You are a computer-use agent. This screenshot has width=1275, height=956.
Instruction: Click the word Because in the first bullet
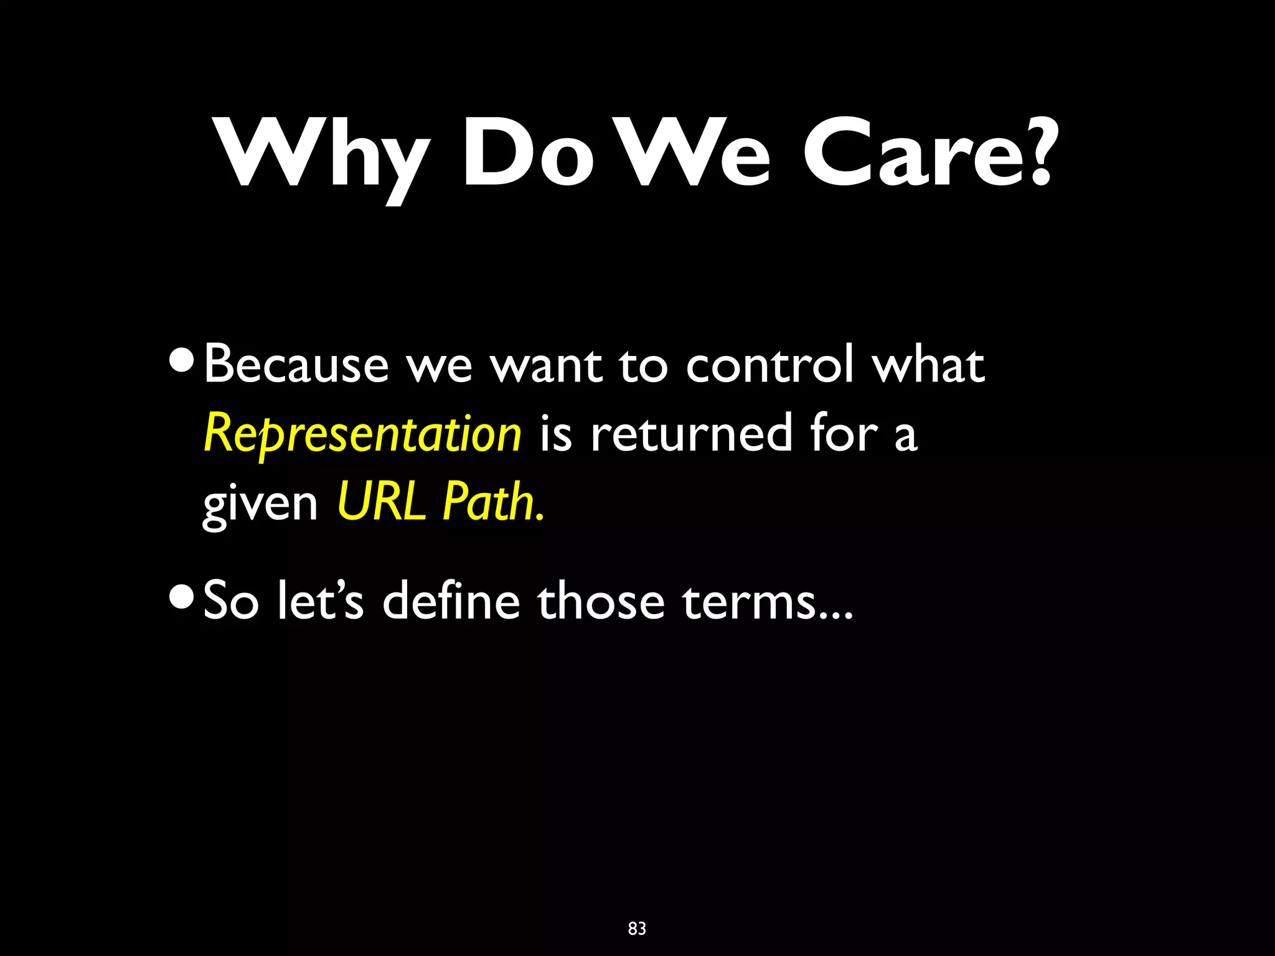pyautogui.click(x=296, y=365)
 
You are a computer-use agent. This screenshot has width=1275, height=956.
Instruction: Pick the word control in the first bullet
pyautogui.click(x=770, y=365)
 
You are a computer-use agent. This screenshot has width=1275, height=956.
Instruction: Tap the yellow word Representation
pyautogui.click(x=362, y=434)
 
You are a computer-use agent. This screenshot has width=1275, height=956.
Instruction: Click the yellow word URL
pyautogui.click(x=381, y=502)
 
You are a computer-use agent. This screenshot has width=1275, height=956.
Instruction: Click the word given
pyautogui.click(x=260, y=504)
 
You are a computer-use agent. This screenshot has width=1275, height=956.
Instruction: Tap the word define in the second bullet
pyautogui.click(x=451, y=601)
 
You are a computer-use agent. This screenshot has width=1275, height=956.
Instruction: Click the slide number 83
pyautogui.click(x=637, y=929)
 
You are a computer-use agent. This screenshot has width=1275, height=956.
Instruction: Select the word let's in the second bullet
pyautogui.click(x=320, y=601)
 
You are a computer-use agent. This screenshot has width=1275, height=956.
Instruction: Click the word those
pyautogui.click(x=601, y=601)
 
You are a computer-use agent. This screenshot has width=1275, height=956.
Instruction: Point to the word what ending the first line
pyautogui.click(x=929, y=365)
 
